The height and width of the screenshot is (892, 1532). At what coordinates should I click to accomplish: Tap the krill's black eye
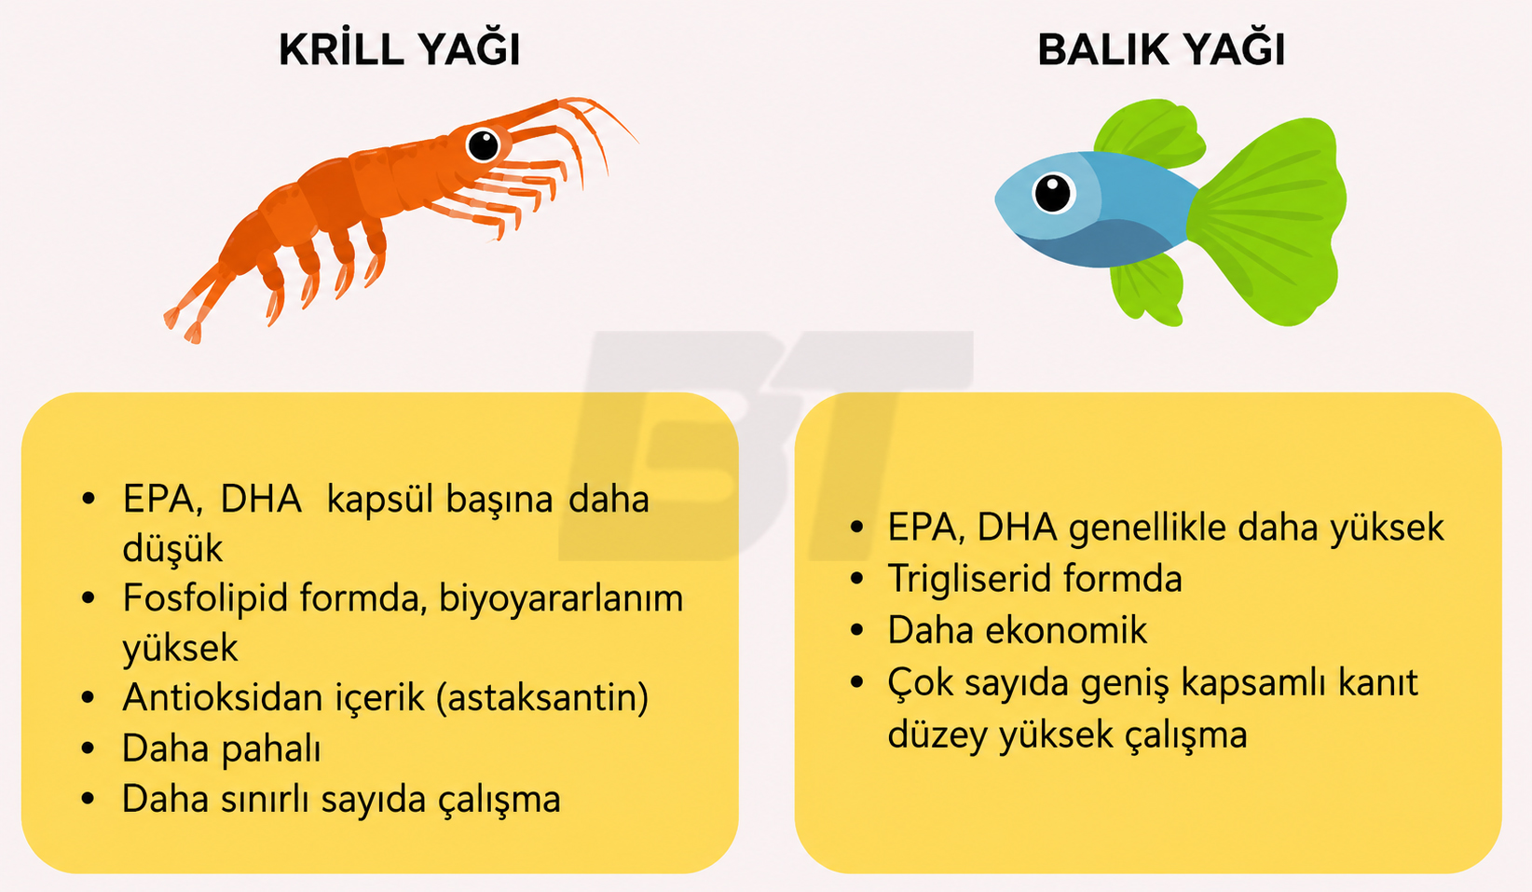(x=484, y=145)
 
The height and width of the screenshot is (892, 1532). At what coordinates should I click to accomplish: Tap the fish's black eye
(x=1053, y=193)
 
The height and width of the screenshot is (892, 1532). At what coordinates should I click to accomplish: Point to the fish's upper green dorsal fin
(x=1149, y=133)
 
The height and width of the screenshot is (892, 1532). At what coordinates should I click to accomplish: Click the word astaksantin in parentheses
(x=542, y=698)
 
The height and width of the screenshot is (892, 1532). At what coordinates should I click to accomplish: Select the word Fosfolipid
(x=204, y=598)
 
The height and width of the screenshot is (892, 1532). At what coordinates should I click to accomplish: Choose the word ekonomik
(x=1067, y=629)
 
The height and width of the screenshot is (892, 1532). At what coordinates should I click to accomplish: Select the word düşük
(x=172, y=549)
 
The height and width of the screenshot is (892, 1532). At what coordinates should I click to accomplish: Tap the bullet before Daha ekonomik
(x=857, y=629)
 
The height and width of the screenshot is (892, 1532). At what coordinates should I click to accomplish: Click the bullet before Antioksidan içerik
(x=89, y=698)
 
